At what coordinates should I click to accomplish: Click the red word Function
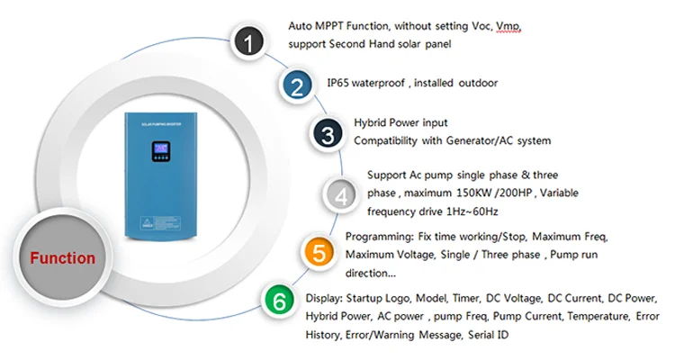point(62,258)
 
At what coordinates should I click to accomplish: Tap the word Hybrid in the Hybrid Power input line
point(371,122)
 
